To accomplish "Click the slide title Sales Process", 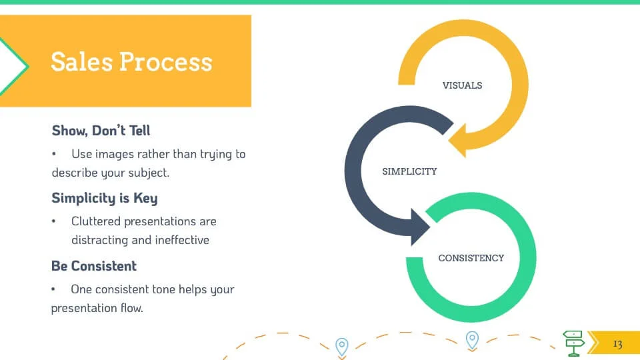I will (x=131, y=61).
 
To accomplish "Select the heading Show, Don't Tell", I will (x=101, y=130).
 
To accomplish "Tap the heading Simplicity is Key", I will (x=104, y=198).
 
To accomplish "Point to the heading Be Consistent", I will (x=93, y=266).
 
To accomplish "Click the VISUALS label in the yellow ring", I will (x=462, y=85).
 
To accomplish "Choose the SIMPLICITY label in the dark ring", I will (x=409, y=171).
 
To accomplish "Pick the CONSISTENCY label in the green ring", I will (x=471, y=258).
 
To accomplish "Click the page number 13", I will (x=617, y=344).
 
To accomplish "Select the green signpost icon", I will (x=574, y=342).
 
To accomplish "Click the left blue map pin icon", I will (x=341, y=347).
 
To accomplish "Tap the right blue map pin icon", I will (x=472, y=340).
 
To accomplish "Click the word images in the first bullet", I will (x=112, y=154).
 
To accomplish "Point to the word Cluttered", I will (x=95, y=221).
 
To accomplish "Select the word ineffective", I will (x=182, y=240).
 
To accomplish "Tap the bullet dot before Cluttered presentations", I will (x=54, y=221).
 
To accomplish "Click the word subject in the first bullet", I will (x=148, y=173).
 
